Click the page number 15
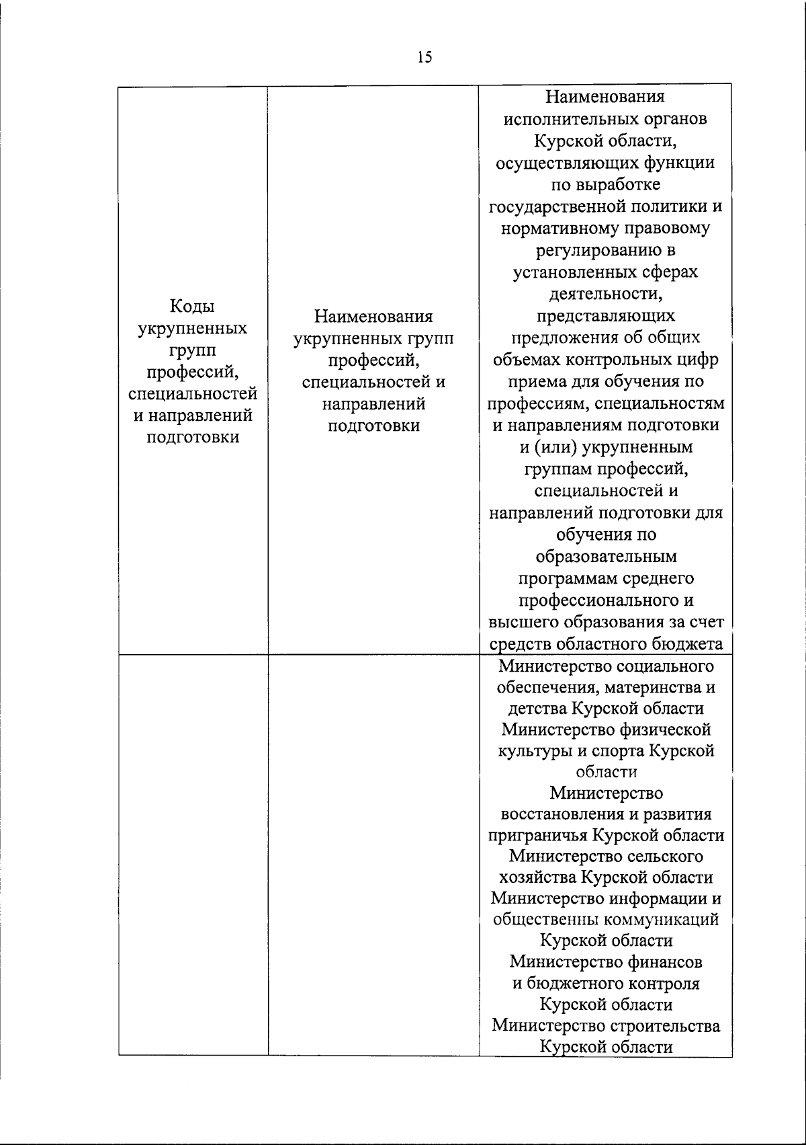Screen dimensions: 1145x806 pyautogui.click(x=424, y=57)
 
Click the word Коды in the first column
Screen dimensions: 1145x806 pyautogui.click(x=192, y=307)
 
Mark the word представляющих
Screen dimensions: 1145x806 pyautogui.click(x=606, y=315)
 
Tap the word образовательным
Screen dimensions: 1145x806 pyautogui.click(x=606, y=557)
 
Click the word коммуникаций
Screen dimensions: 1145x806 pyautogui.click(x=662, y=919)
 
